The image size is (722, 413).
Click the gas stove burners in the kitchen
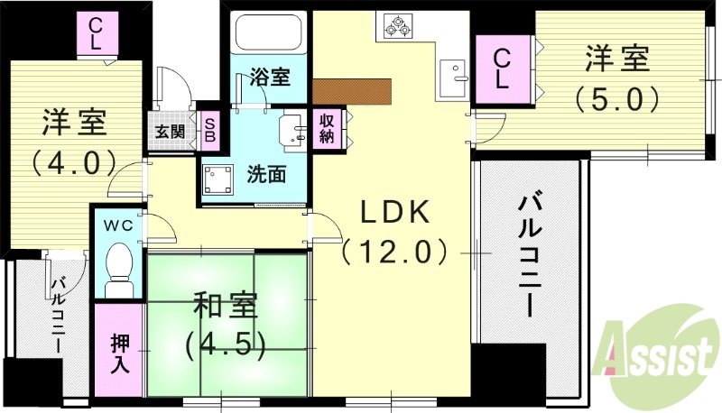point(397,27)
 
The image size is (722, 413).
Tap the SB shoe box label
point(208,132)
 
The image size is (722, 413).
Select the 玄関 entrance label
point(170,132)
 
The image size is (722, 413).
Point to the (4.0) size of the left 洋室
point(74,163)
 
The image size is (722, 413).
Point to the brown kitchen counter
point(353,91)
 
